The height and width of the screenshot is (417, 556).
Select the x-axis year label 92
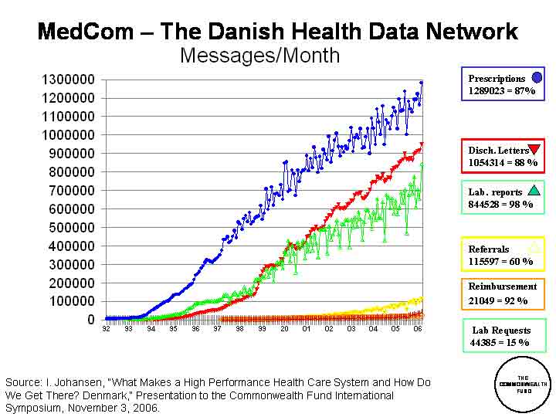106,327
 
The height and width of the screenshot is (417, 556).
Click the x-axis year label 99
262,327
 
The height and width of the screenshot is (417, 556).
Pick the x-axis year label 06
418,327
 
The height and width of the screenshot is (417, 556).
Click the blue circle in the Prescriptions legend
537,77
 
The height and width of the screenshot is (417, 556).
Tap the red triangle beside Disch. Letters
534,150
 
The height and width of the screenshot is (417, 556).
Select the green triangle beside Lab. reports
534,191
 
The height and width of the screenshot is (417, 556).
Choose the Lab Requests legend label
500,330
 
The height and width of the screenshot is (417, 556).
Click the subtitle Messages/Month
259,56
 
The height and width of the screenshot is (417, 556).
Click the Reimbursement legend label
502,286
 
